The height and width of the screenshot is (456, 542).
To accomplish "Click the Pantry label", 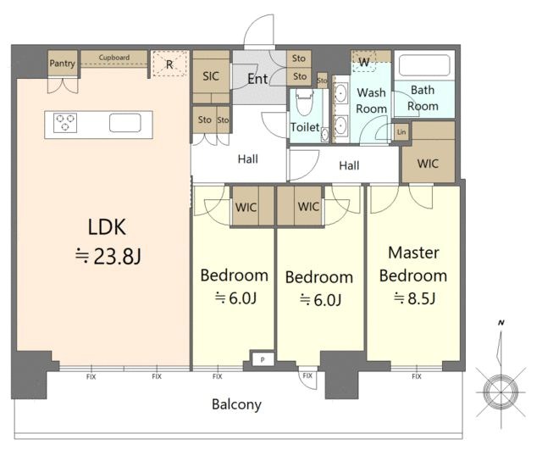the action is point(62,64).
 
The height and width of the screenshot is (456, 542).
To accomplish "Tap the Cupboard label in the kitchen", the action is point(114,58).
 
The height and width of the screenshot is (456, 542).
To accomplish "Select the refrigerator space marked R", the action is point(169,64).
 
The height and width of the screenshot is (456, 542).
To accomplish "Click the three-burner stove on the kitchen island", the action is point(65,123).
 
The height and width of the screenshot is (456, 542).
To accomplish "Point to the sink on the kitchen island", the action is point(125,123).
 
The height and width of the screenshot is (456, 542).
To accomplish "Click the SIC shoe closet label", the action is point(211,76).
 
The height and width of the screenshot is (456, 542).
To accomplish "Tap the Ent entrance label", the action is point(257,79).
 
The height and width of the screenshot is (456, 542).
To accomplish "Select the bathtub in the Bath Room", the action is point(424,65).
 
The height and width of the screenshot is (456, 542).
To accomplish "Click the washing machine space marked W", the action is point(363,62).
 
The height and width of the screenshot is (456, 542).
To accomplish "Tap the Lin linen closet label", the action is point(401,132).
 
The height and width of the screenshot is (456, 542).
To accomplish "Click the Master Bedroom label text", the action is point(413,264).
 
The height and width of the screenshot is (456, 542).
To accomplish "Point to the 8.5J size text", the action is point(414,298).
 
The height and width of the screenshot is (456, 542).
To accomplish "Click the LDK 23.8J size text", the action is point(108,257).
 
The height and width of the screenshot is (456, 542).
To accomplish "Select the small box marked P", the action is point(263,359).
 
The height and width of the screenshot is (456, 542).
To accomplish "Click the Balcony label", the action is point(237,404).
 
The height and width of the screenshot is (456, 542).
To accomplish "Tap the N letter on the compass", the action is point(501,323).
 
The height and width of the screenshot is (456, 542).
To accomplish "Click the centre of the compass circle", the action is point(501,392).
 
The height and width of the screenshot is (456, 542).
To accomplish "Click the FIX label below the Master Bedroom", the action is point(417,376).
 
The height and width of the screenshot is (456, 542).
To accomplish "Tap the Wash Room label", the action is point(372,100).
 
